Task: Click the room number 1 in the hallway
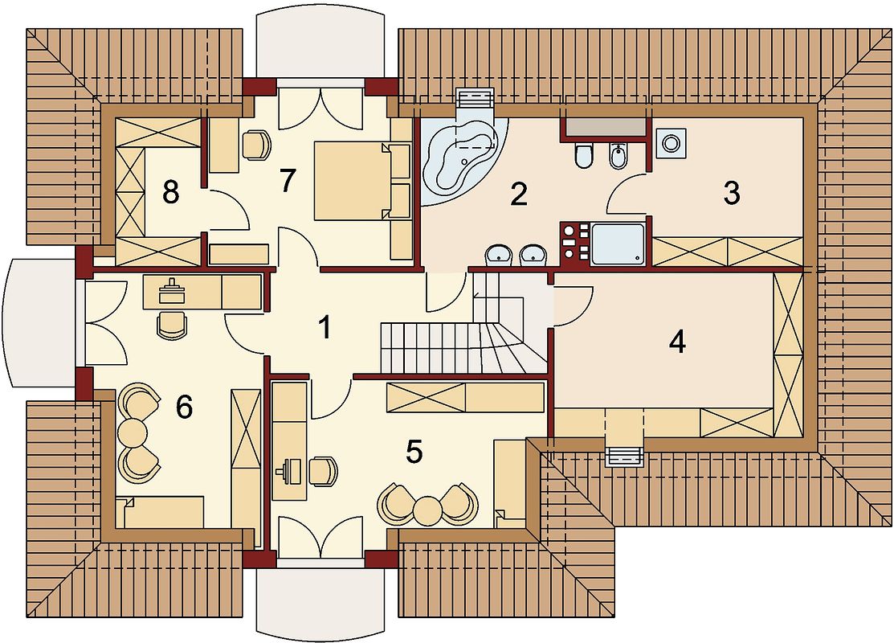[x=325, y=328]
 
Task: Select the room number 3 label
[x=732, y=193]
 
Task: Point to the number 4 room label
[x=677, y=342]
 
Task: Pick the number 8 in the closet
[x=170, y=192]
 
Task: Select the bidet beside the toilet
[x=618, y=155]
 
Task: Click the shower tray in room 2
[x=618, y=245]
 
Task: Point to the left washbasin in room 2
[x=499, y=256]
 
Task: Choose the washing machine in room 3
[x=671, y=142]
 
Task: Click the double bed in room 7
[x=361, y=181]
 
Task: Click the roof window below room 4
[x=624, y=457]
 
